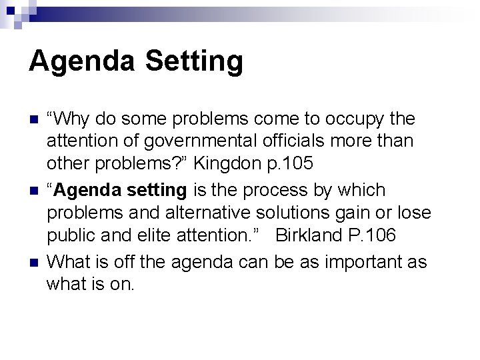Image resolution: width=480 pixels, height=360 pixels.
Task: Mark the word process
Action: (271, 190)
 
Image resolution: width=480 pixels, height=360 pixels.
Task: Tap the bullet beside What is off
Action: (32, 261)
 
